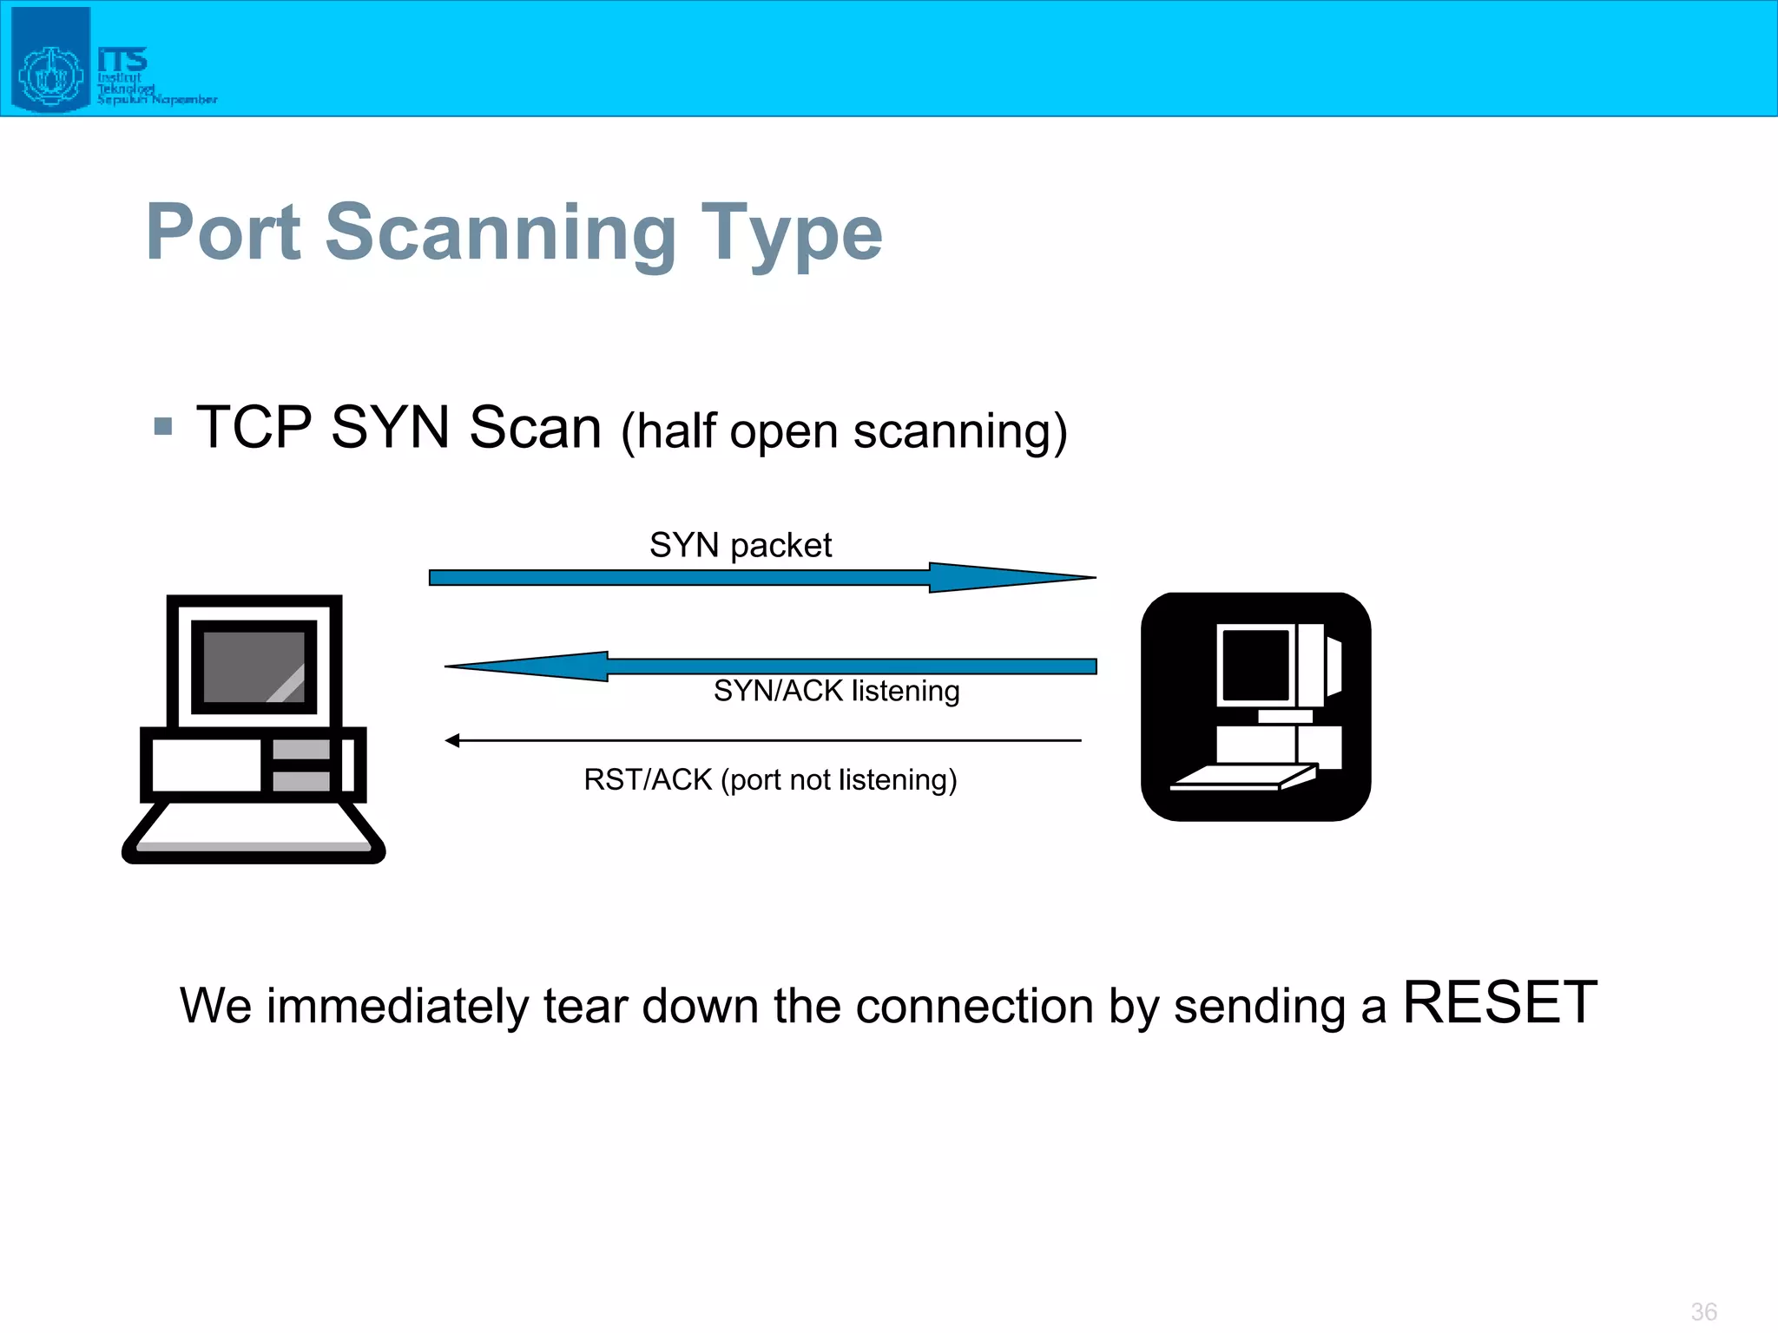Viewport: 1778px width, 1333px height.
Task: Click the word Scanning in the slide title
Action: (x=500, y=233)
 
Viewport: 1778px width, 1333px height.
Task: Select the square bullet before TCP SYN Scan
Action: (x=162, y=426)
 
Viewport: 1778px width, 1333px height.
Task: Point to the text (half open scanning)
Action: (x=844, y=431)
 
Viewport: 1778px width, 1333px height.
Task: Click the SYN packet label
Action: (x=741, y=545)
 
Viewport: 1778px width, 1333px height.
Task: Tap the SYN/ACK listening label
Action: (x=836, y=691)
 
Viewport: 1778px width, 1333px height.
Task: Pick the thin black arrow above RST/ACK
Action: (x=764, y=740)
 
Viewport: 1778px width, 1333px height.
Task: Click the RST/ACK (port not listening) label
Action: (x=770, y=779)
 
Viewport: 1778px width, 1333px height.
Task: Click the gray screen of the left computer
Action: (x=254, y=666)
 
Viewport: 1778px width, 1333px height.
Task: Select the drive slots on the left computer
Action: (x=300, y=765)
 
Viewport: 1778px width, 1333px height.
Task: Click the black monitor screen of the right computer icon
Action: (x=1255, y=664)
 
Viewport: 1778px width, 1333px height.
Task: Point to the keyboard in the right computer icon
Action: (x=1241, y=778)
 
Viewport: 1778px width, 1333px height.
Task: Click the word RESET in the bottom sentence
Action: (x=1499, y=1003)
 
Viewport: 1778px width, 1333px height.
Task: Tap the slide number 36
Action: (x=1703, y=1311)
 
